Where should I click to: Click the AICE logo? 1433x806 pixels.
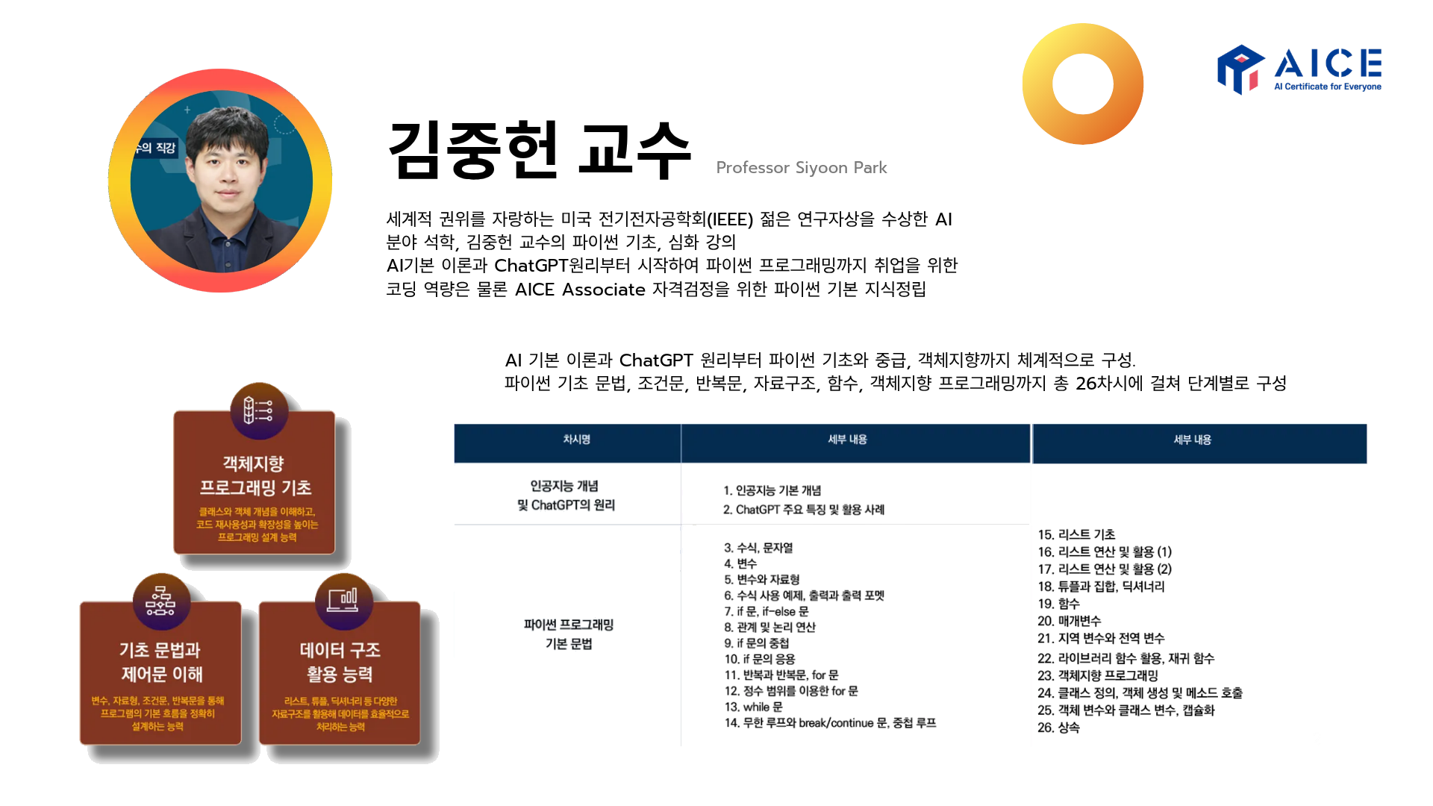point(1299,69)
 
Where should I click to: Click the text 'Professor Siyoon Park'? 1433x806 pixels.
point(801,168)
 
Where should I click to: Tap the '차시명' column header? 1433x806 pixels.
point(576,440)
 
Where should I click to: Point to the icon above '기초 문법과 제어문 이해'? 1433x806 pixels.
point(161,602)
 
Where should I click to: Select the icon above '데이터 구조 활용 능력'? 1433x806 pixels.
point(343,600)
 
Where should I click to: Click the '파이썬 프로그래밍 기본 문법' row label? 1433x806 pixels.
point(569,634)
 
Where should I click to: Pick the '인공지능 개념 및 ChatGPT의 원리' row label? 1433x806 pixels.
point(566,496)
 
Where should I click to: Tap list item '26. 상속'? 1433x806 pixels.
point(1058,728)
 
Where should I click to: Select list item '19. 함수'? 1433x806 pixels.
point(1058,604)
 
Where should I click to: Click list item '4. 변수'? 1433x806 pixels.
point(740,563)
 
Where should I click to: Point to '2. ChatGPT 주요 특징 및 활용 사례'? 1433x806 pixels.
point(803,510)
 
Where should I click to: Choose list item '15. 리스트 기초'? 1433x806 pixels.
point(1076,534)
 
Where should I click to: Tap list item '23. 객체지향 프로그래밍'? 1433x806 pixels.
point(1097,675)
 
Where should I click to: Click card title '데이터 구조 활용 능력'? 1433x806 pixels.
point(340,662)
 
